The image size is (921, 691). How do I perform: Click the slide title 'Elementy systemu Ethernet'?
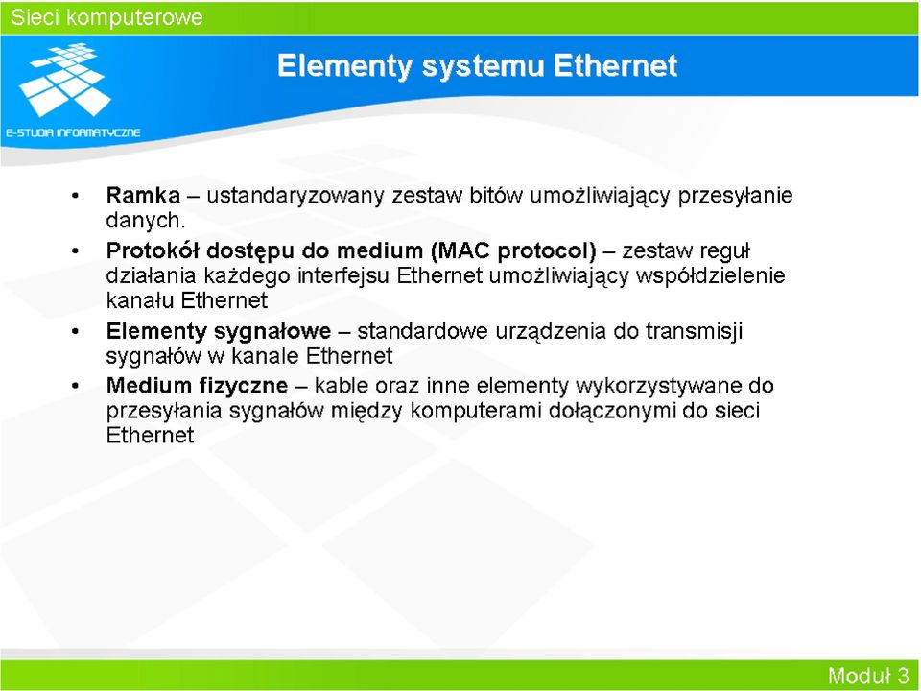click(x=477, y=65)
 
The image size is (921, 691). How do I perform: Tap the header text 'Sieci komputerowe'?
click(x=106, y=17)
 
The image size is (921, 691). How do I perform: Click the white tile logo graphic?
click(x=65, y=79)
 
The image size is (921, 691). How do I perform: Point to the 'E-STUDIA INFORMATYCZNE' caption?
click(x=74, y=132)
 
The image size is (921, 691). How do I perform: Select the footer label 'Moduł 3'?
click(x=868, y=676)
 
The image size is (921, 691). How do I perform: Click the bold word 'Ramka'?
click(x=143, y=195)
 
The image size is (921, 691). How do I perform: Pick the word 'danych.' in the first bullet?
click(x=146, y=221)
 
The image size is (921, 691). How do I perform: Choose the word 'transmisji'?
click(x=695, y=331)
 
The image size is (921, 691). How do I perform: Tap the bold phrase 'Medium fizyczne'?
click(x=197, y=386)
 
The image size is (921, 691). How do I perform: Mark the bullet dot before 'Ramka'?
click(x=75, y=196)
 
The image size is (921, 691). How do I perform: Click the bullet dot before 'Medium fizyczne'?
click(x=75, y=387)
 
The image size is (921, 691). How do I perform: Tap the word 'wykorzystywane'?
click(x=658, y=386)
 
